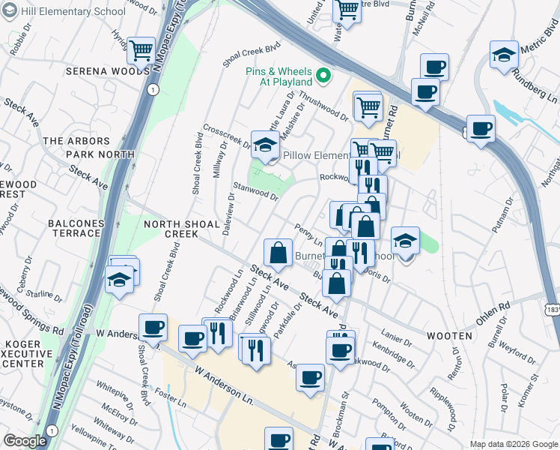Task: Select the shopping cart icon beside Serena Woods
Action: pos(141,51)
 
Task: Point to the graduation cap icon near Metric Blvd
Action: pos(504,55)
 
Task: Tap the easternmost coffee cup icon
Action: pos(480,128)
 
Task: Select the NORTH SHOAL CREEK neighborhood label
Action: pos(171,229)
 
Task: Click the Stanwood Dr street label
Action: pos(255,192)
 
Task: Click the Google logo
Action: pos(25,441)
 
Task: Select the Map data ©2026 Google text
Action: pos(514,444)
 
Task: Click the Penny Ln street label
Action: pos(308,234)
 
